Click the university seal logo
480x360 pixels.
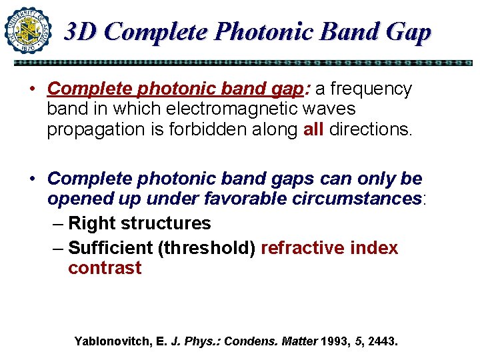(x=28, y=30)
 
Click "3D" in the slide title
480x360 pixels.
(x=81, y=31)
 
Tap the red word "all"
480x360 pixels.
(x=313, y=129)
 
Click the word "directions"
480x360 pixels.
(x=371, y=129)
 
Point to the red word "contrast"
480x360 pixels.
(x=105, y=269)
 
